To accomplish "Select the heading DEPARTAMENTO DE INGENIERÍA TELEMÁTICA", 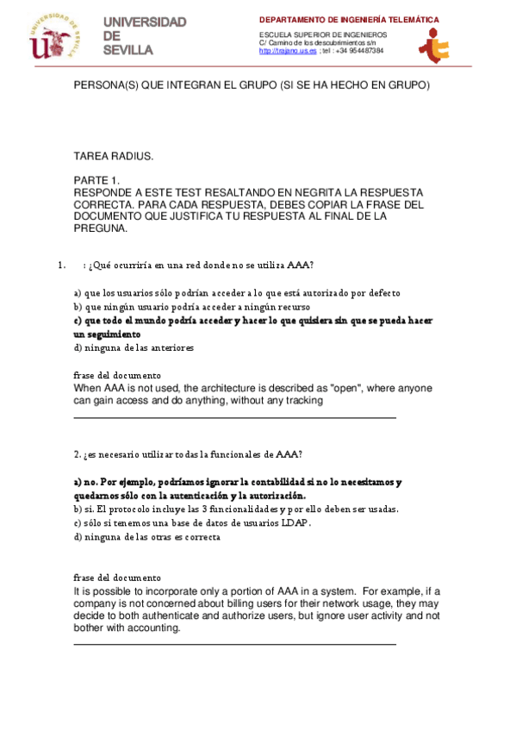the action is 349,19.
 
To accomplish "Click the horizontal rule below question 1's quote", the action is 234,417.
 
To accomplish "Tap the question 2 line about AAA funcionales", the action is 188,453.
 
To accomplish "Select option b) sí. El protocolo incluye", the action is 235,509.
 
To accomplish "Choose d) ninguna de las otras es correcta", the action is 146,536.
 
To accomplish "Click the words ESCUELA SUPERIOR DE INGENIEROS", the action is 323,34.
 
